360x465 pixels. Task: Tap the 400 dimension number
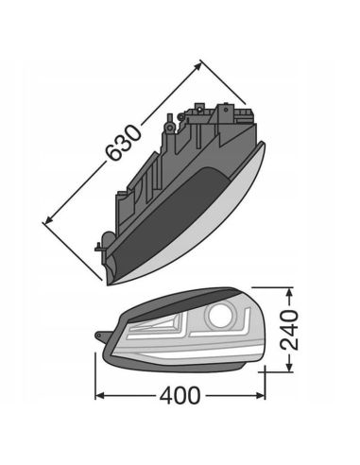[179, 397]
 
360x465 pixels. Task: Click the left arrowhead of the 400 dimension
[98, 398]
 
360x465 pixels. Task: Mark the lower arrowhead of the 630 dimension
[46, 221]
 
